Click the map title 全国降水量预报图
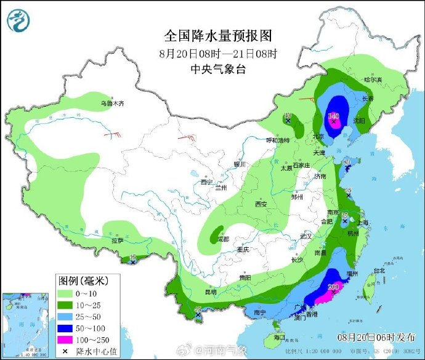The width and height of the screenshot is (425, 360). click(x=217, y=35)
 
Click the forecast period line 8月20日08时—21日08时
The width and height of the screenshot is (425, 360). click(x=217, y=52)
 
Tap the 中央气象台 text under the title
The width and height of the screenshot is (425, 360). click(x=217, y=68)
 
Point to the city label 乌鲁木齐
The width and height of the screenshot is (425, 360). click(x=113, y=104)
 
